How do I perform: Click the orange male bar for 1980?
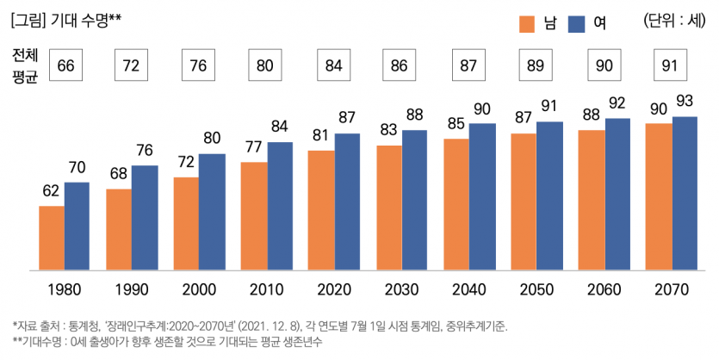52,238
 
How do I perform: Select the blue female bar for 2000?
212,212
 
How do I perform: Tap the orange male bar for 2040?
456,204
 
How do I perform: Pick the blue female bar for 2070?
685,193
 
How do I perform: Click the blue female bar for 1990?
145,217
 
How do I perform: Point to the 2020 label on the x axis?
334,290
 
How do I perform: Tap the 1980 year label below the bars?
64,290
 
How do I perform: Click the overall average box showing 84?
334,65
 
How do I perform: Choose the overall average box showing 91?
671,65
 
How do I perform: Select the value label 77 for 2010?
254,147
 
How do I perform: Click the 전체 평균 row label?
26,65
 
